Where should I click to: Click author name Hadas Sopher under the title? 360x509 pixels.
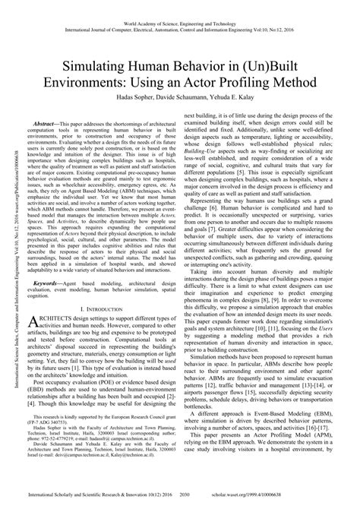(x=144, y=96)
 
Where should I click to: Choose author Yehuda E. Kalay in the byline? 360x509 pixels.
(x=250, y=96)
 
